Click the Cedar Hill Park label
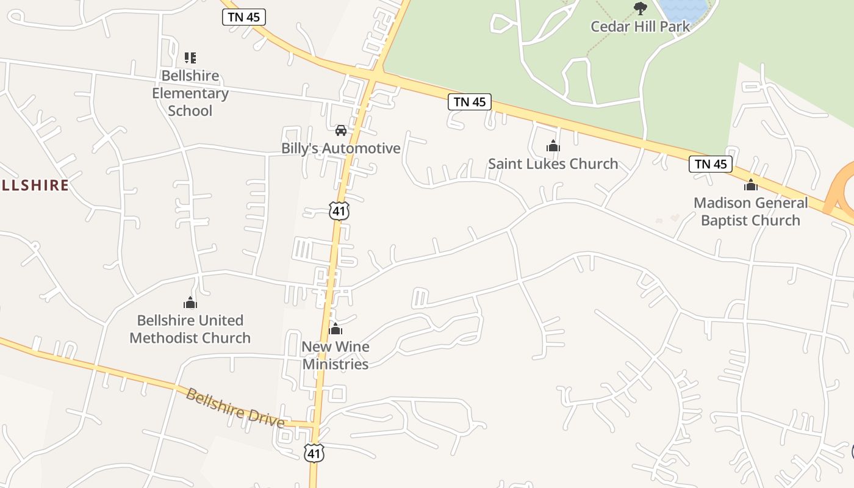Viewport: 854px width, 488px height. point(640,26)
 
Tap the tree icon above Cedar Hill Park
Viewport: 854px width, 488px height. point(640,8)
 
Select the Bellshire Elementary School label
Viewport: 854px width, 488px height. point(190,93)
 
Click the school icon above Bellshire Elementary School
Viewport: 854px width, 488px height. point(190,58)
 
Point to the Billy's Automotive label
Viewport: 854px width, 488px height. point(340,148)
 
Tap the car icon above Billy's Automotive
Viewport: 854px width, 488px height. point(340,130)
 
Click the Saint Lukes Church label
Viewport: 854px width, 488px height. point(553,163)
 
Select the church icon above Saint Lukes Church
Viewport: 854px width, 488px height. point(553,146)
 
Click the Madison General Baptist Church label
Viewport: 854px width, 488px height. point(750,211)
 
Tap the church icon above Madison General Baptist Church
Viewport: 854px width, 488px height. point(750,185)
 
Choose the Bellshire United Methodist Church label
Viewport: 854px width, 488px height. point(190,329)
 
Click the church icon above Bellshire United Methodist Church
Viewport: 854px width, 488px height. point(190,303)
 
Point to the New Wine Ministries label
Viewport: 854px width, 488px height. point(335,355)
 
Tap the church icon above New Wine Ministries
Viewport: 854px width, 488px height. point(335,329)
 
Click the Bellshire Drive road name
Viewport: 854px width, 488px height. point(235,407)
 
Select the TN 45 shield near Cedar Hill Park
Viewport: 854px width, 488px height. point(469,102)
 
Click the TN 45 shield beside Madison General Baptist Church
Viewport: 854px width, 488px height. point(711,163)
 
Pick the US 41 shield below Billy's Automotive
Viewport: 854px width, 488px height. point(339,211)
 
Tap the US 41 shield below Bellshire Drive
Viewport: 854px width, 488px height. point(314,453)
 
